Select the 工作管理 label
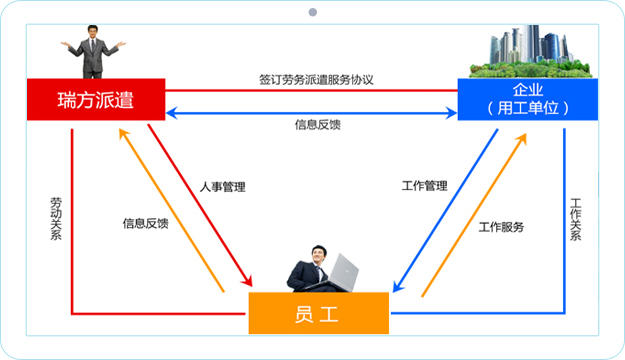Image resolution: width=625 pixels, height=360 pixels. click(424, 186)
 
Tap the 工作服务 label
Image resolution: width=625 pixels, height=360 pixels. click(501, 226)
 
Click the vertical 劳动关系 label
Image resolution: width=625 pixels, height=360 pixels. click(55, 221)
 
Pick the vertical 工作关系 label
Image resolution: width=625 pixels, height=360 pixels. click(575, 221)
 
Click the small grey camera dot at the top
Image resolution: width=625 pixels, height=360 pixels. click(312, 13)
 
